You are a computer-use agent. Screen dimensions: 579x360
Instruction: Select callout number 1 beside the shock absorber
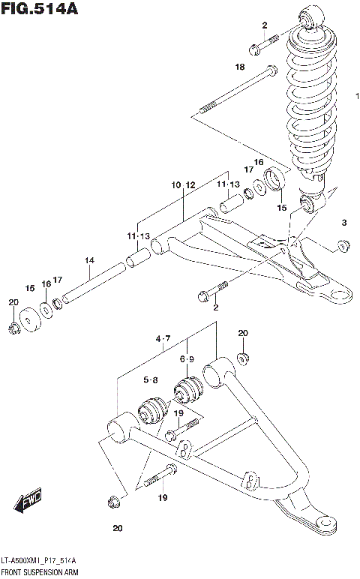[357, 97]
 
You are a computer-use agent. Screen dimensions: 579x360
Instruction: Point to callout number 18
[239, 67]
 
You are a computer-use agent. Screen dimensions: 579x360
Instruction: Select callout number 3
[343, 223]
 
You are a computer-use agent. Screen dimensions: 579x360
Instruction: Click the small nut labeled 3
[343, 244]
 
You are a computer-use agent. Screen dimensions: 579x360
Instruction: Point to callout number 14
[88, 260]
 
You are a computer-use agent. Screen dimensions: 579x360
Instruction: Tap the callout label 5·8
[150, 380]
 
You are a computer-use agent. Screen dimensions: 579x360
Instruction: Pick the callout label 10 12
[182, 184]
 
